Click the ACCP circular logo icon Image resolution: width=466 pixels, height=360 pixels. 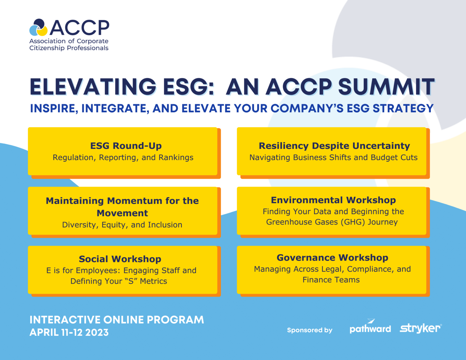tap(39, 28)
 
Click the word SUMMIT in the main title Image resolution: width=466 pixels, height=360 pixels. tap(386, 87)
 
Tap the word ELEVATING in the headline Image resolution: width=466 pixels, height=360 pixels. tap(93, 87)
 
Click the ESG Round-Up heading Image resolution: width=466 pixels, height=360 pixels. tap(126, 146)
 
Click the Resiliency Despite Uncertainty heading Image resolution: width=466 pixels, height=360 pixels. tap(334, 146)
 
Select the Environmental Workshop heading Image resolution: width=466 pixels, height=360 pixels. tap(333, 200)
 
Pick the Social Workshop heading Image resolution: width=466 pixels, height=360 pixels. tap(120, 259)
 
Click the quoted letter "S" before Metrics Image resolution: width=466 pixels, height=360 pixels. tap(131, 281)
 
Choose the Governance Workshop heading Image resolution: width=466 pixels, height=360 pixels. tap(332, 258)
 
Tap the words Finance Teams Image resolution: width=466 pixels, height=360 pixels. tap(331, 280)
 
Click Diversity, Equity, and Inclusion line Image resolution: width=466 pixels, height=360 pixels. tap(122, 225)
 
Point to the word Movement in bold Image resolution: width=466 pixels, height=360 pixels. tap(122, 213)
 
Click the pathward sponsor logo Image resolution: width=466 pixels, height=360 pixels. tap(370, 327)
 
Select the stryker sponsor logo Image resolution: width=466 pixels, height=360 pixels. tap(420, 328)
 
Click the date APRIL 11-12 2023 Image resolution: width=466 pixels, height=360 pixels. tap(69, 333)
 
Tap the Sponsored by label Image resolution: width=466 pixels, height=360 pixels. tap(310, 330)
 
